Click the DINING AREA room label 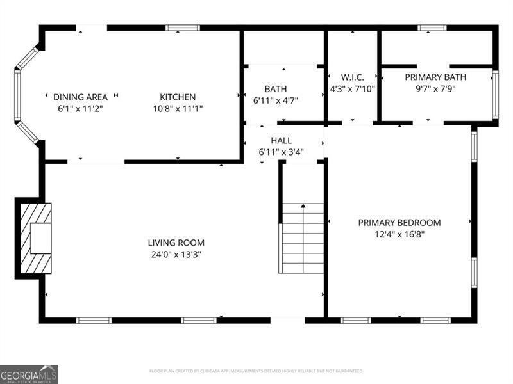80,97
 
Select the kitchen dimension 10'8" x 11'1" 178,109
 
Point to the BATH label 276,89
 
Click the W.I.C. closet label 352,77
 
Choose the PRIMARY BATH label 435,77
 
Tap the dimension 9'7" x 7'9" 435,89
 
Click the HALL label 281,141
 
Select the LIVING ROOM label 176,243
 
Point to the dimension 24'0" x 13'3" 176,254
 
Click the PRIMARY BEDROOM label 399,223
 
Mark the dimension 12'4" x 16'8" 399,234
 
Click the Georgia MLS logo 29,374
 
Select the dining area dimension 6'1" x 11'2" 80,109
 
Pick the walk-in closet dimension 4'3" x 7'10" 352,89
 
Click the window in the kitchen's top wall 183,28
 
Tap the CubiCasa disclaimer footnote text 256,371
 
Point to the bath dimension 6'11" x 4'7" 276,100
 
